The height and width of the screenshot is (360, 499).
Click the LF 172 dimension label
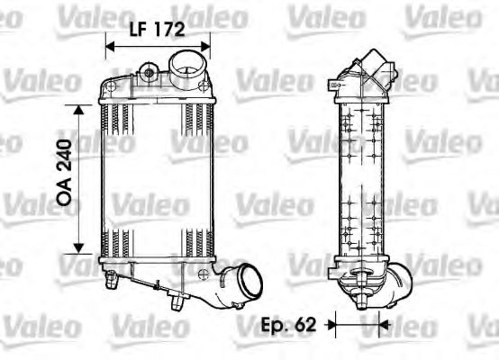158,29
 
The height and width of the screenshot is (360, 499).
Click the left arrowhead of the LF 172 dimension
109,44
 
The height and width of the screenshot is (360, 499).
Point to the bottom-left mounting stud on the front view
113,280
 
